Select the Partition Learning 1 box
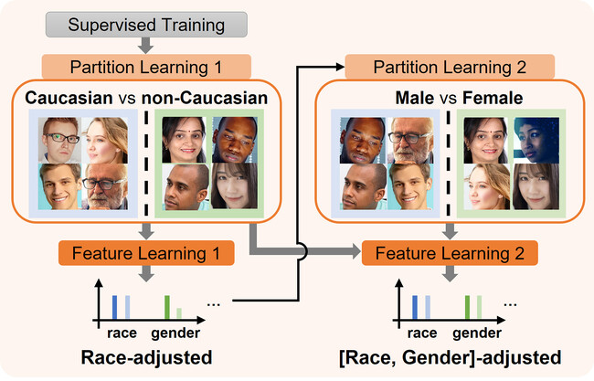coord(145,67)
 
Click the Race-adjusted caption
coord(145,356)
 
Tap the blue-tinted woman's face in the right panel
coord(529,138)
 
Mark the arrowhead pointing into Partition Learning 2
coord(339,67)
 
